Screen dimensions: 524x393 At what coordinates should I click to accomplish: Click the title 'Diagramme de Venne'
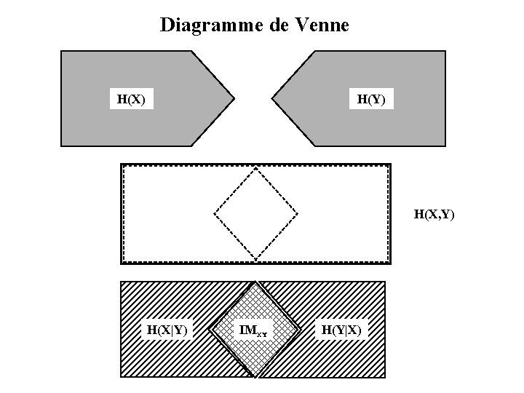255,26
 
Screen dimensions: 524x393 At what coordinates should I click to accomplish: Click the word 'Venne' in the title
323,26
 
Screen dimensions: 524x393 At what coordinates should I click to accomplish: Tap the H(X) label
131,98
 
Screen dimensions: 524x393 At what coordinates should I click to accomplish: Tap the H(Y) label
371,98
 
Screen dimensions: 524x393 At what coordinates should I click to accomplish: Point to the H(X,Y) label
434,214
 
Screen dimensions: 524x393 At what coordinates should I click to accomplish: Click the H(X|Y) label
167,330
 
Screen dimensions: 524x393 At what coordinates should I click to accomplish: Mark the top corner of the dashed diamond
255,167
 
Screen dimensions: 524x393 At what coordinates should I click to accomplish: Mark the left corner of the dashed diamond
214,214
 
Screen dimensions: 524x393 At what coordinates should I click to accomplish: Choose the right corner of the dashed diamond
298,214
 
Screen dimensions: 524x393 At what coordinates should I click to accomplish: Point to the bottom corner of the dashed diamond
255,259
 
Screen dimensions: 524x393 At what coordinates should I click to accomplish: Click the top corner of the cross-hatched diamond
255,282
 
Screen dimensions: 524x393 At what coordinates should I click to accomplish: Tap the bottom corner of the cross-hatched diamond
255,376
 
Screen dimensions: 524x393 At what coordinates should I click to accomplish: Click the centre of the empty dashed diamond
255,214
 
